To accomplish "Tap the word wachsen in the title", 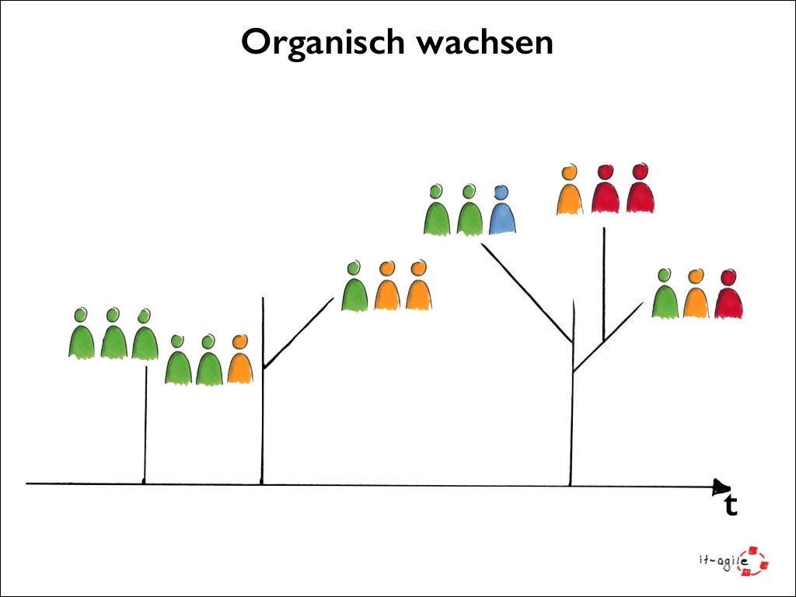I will [485, 42].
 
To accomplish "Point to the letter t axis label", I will [730, 506].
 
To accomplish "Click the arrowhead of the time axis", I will [721, 487].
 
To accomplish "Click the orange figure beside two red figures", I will [570, 192].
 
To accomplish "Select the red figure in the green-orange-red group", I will [728, 297].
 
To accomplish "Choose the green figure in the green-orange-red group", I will [665, 297].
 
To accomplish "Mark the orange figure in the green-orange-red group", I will [696, 297].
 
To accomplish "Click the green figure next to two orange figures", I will [354, 289].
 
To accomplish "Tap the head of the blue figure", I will [501, 191].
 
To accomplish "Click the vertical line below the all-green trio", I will [145, 424].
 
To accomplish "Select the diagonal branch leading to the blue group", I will [527, 292].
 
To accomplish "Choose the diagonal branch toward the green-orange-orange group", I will [299, 333].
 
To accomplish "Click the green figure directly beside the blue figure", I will [470, 213].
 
